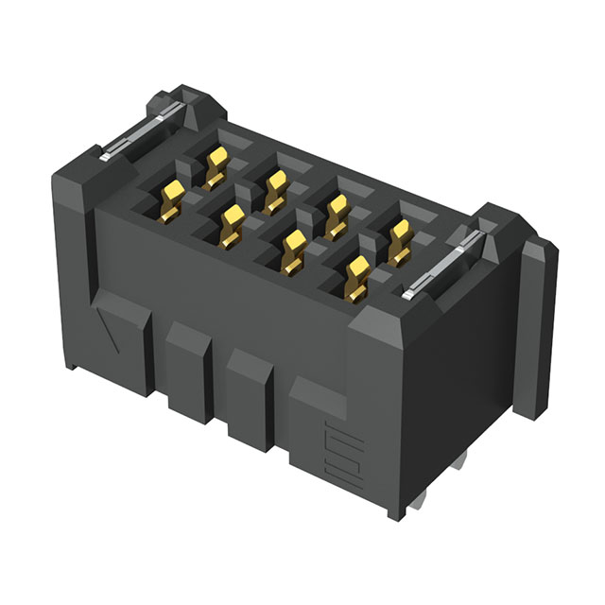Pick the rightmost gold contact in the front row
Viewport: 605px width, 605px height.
[358, 275]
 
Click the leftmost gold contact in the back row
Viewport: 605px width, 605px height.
[216, 163]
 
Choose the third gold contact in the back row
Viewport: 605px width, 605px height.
[335, 212]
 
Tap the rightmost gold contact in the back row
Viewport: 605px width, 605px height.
[399, 238]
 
